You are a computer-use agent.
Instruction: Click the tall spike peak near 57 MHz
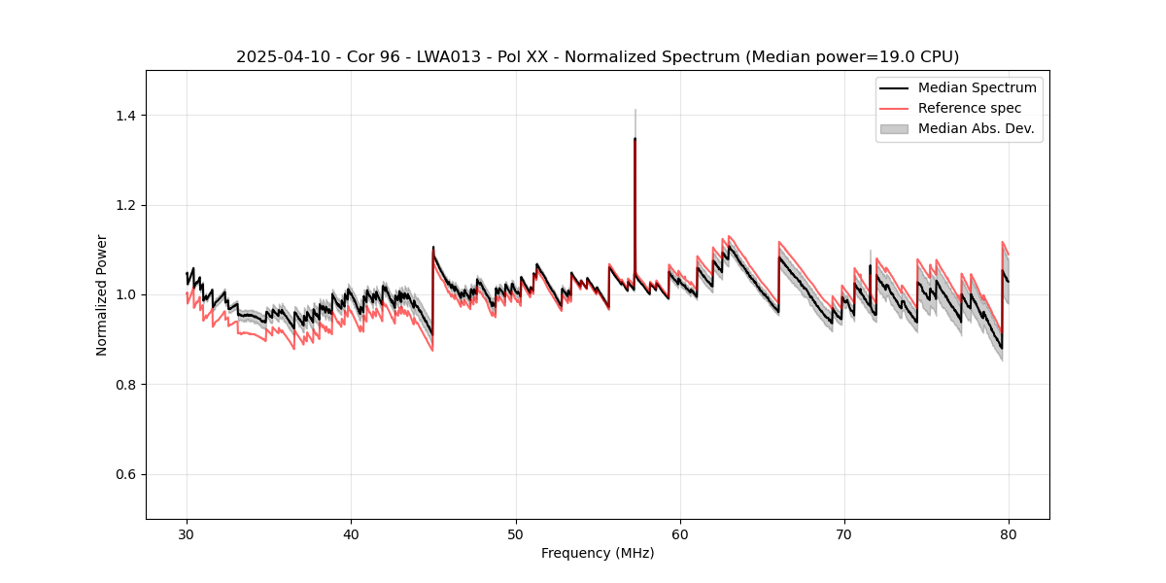tap(634, 139)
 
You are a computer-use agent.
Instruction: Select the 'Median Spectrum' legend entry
tap(977, 87)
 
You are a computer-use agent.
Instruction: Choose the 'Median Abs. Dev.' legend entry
tap(976, 128)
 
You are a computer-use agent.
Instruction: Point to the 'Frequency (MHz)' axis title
tap(598, 553)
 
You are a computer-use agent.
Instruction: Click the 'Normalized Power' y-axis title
tap(102, 294)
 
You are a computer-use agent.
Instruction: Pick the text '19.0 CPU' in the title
tap(921, 57)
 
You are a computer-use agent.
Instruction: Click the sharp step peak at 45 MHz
tap(433, 247)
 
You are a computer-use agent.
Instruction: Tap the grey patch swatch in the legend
tap(893, 128)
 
